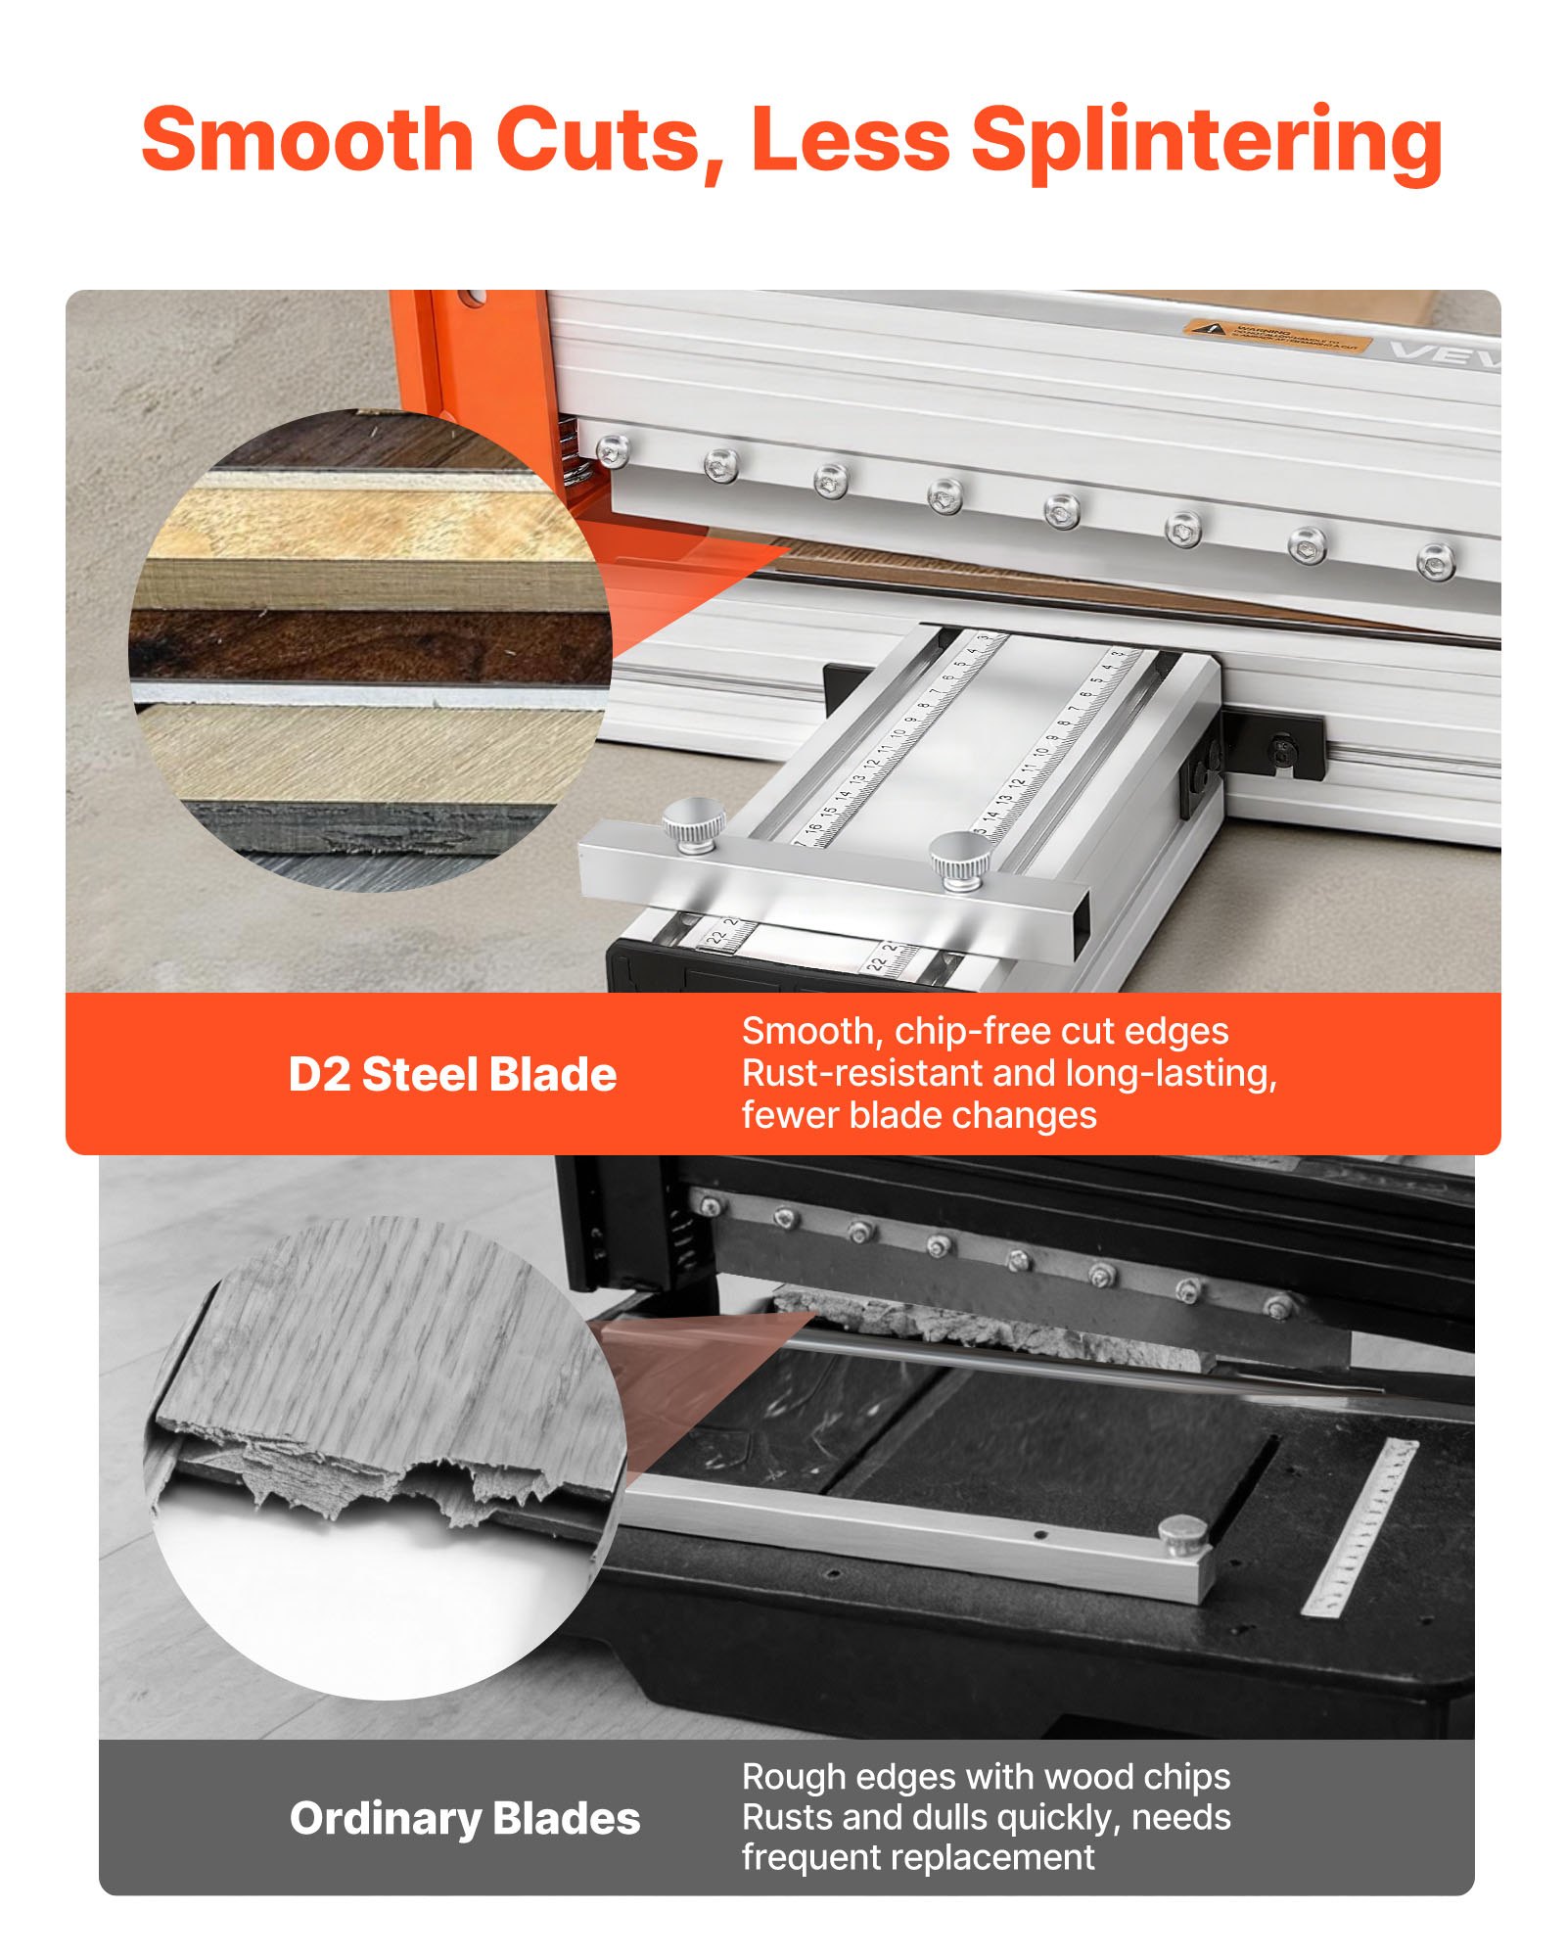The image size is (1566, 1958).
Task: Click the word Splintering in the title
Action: [1206, 142]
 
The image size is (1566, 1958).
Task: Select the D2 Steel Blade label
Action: [452, 1075]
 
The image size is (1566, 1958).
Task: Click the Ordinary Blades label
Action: [465, 1818]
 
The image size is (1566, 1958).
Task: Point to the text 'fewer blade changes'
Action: [918, 1116]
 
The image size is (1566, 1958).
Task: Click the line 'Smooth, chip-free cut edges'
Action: [985, 1031]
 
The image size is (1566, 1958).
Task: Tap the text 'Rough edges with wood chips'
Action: [986, 1776]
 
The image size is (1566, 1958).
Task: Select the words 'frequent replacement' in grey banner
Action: [918, 1857]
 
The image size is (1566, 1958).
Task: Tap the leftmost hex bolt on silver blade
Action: [613, 450]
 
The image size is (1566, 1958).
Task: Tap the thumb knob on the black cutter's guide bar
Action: [1181, 1535]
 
